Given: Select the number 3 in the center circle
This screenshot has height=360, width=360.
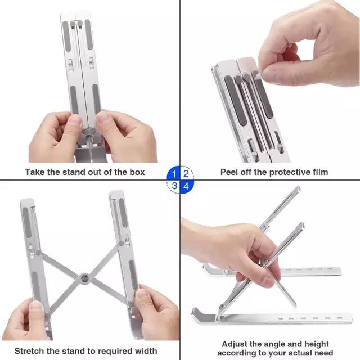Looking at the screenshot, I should [x=174, y=185].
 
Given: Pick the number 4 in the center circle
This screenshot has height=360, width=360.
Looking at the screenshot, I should [x=186, y=185].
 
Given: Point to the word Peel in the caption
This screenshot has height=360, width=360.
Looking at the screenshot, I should [x=229, y=172].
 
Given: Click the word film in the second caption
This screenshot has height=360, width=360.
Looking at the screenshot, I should [x=319, y=172].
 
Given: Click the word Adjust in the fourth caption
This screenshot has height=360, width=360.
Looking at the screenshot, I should [x=236, y=343].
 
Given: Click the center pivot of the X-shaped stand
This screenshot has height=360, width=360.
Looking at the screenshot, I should [x=84, y=277].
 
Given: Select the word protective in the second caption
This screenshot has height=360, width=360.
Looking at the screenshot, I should [x=277, y=172].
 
